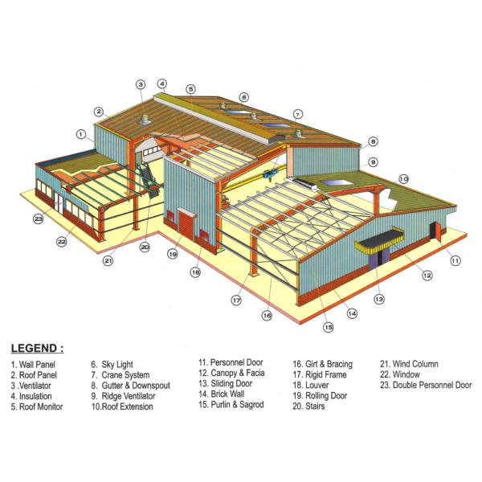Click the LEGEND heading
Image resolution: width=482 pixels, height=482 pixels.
37,349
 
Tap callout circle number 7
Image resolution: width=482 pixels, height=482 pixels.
297,113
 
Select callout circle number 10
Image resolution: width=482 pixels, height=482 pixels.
403,178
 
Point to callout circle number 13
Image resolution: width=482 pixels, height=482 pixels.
378,299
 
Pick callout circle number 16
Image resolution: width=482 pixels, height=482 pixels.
267,316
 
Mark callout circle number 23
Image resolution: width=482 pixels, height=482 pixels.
38,219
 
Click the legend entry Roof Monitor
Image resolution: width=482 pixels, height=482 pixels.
37,406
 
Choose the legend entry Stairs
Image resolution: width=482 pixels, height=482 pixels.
308,406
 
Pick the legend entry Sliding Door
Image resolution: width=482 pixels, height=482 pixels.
227,384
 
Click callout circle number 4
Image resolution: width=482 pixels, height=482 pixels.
161,83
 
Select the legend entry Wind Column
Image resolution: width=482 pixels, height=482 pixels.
409,364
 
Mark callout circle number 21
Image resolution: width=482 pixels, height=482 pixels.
108,260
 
